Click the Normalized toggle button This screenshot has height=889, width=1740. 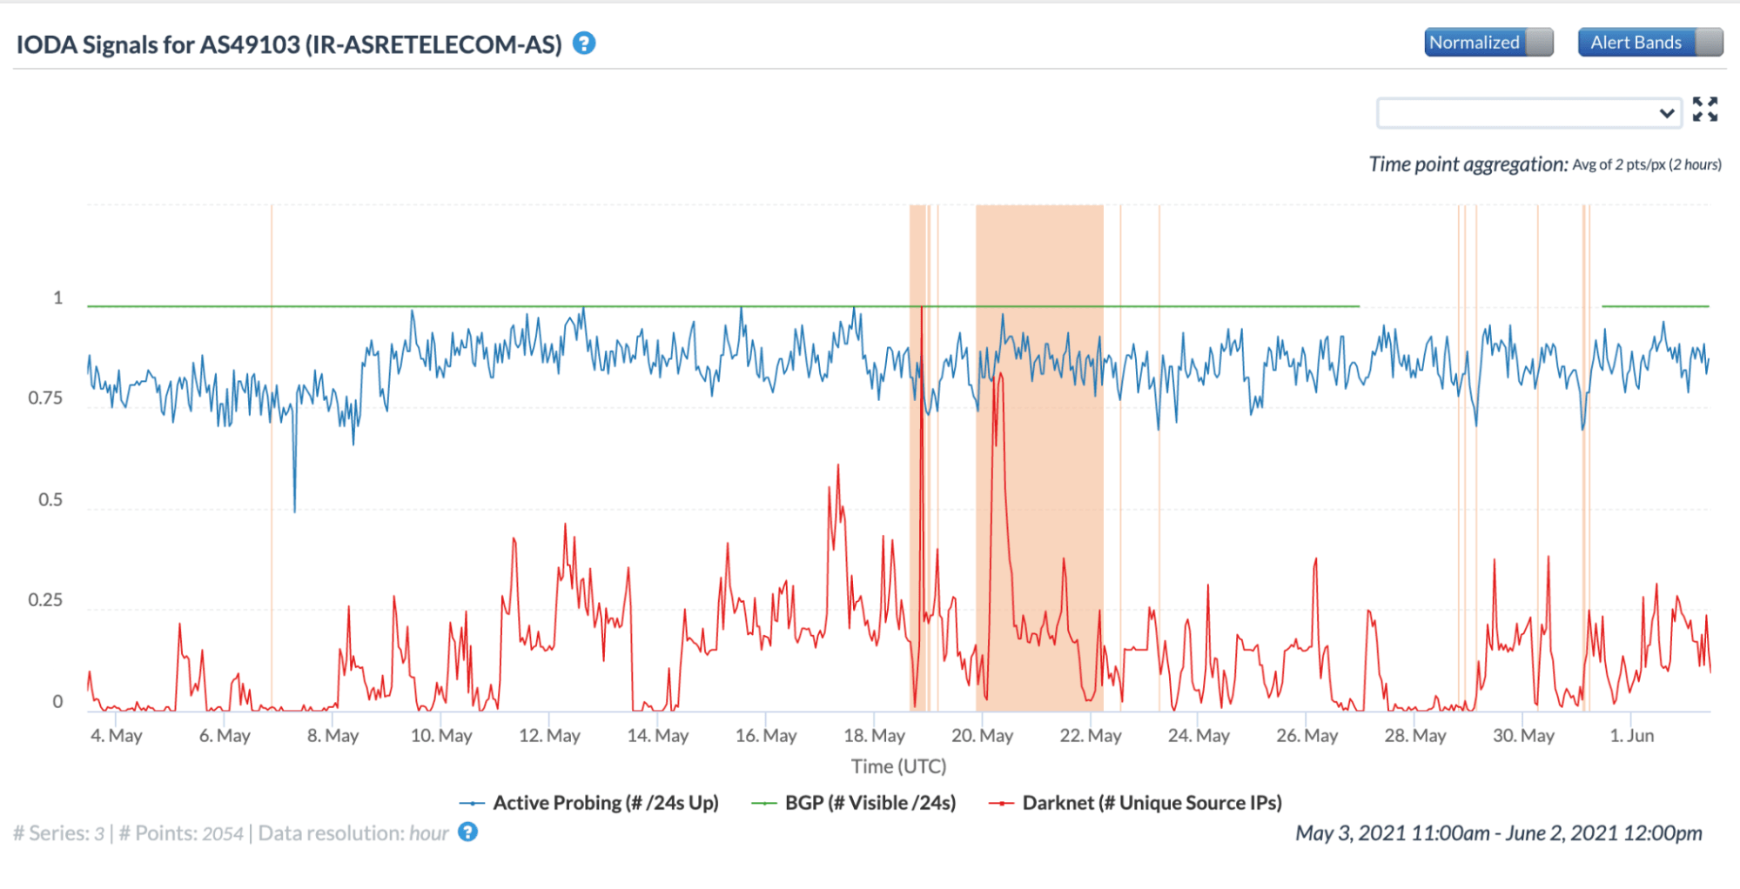pyautogui.click(x=1488, y=42)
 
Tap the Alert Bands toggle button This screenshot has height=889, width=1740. pyautogui.click(x=1649, y=42)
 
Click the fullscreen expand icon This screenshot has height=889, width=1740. pyautogui.click(x=1704, y=110)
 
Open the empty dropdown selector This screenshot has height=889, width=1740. pyautogui.click(x=1528, y=113)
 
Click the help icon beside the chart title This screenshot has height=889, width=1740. pyautogui.click(x=584, y=43)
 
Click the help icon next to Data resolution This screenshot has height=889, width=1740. pyautogui.click(x=468, y=832)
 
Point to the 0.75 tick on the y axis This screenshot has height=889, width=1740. pyautogui.click(x=45, y=398)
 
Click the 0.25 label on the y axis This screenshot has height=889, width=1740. pyautogui.click(x=45, y=600)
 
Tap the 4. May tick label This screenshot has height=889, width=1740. pyautogui.click(x=117, y=736)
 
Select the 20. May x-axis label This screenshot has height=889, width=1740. pyautogui.click(x=982, y=736)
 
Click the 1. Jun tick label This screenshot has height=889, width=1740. pyautogui.click(x=1631, y=736)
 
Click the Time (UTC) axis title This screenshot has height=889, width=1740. pyautogui.click(x=898, y=766)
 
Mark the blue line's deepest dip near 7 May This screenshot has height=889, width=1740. pyautogui.click(x=294, y=511)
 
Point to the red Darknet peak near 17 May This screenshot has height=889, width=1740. pyautogui.click(x=838, y=466)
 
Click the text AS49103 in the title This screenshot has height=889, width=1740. pyautogui.click(x=250, y=44)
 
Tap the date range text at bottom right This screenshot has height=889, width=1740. pyautogui.click(x=1498, y=833)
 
